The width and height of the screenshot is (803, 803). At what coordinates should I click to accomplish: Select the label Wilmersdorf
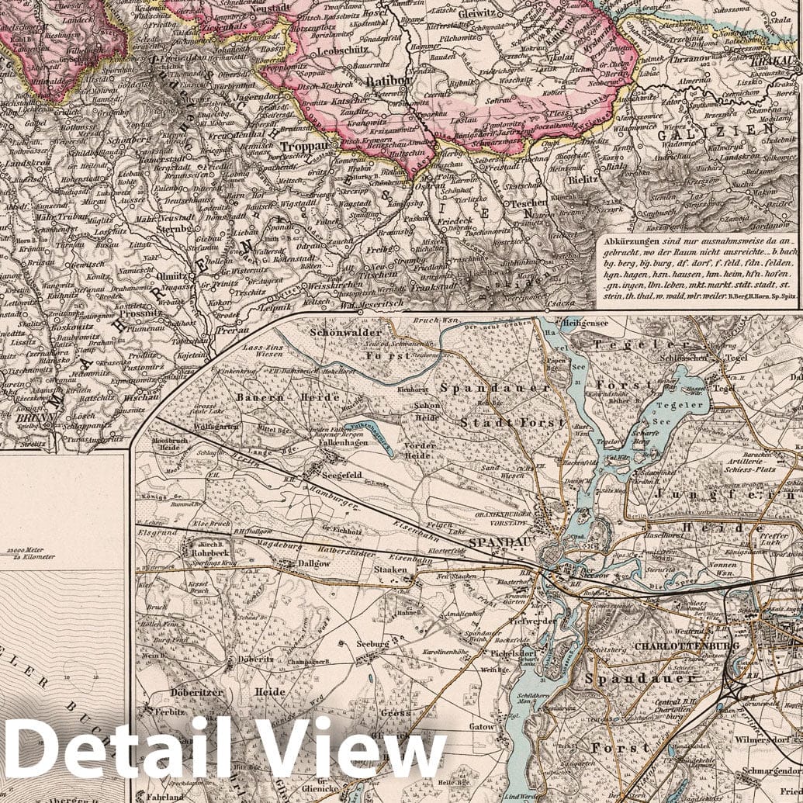tap(767, 730)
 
